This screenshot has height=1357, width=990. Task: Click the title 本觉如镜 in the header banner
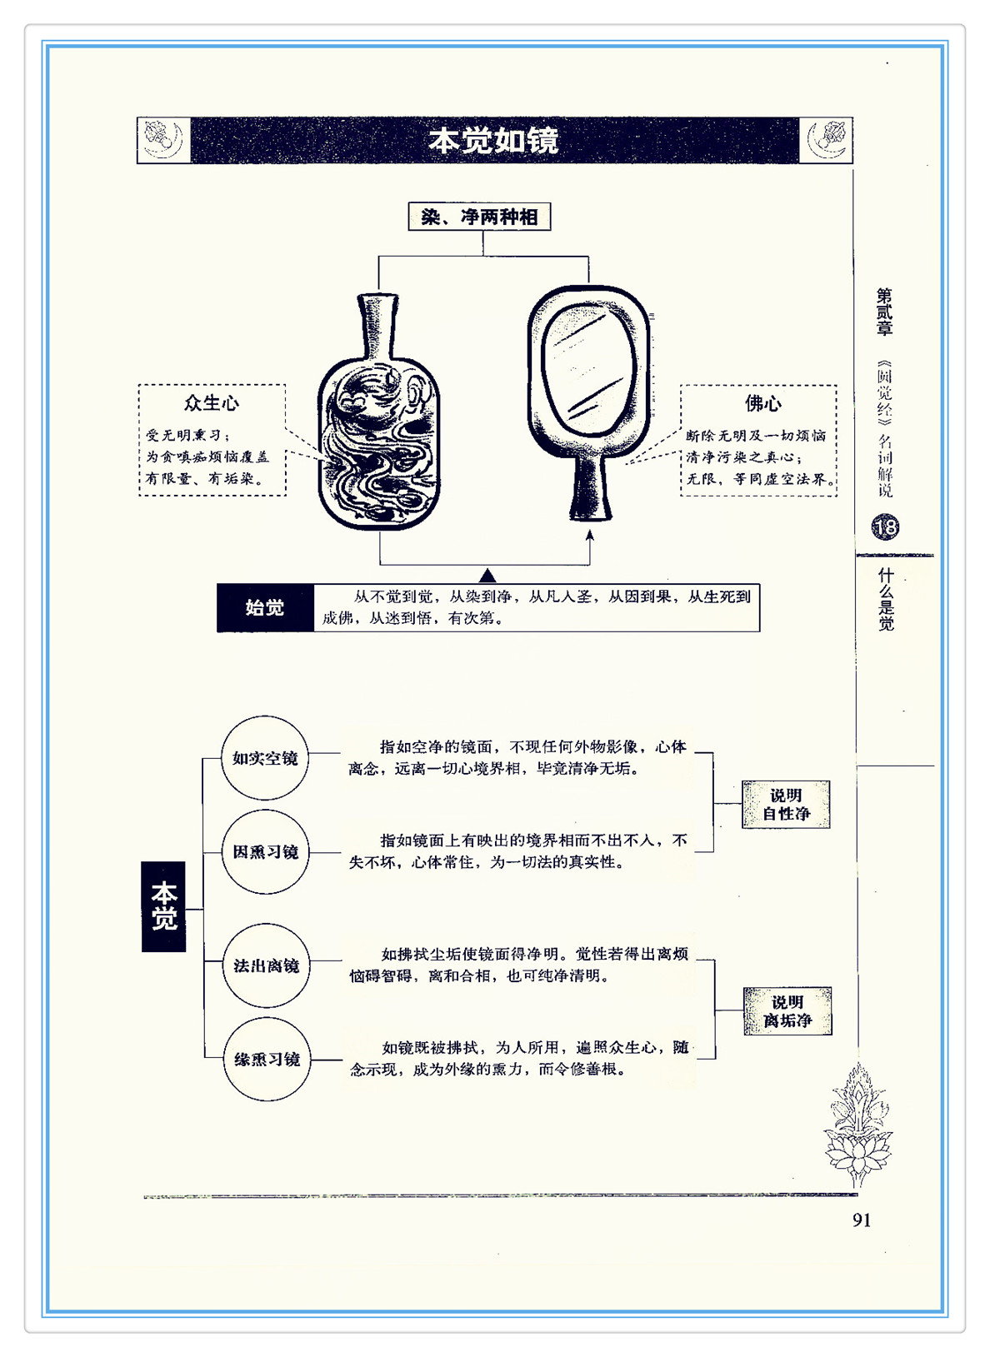493,141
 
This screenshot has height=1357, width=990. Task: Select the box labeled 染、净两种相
479,217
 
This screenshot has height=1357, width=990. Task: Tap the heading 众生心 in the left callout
212,403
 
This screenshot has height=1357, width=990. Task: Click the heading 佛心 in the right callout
762,403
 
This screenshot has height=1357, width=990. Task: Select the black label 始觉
265,608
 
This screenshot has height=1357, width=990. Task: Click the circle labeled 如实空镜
265,758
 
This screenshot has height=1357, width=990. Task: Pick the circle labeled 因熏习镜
265,851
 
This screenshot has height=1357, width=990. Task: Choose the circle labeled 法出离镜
266,965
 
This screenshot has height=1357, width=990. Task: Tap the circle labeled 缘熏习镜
267,1059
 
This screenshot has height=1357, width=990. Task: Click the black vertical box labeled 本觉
163,906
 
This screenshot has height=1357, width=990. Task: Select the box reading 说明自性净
786,804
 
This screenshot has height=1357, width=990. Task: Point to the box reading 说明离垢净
787,1010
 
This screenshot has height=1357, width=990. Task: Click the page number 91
862,1220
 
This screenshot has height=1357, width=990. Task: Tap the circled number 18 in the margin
885,526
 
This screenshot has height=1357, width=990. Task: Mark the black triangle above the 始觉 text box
487,576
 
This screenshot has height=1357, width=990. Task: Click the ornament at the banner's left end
163,140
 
